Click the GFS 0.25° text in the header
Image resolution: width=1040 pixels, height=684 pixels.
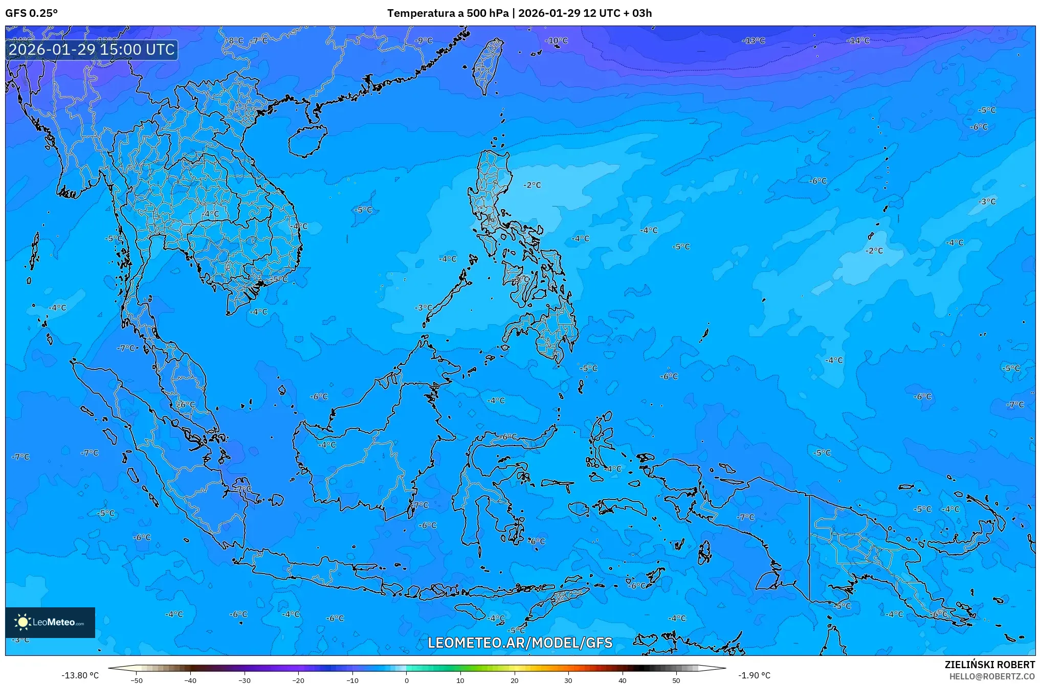point(31,13)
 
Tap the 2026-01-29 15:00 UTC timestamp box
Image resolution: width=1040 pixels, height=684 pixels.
point(92,50)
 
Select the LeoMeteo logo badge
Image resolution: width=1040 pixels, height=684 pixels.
point(50,622)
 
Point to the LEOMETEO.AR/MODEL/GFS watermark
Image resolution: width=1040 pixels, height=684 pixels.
point(520,643)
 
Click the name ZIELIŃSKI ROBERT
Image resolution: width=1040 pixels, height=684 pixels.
point(989,665)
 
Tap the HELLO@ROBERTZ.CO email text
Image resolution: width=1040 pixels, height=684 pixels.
point(992,676)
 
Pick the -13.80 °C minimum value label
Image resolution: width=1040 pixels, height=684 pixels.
point(80,676)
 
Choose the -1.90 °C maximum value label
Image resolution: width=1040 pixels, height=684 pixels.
point(754,676)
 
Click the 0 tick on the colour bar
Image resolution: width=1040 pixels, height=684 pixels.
point(407,680)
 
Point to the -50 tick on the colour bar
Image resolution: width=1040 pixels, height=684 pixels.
point(137,680)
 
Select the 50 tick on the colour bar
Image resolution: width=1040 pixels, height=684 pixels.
point(676,680)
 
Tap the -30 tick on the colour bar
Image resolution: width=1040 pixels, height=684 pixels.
point(245,680)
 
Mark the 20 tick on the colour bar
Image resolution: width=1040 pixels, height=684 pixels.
point(515,680)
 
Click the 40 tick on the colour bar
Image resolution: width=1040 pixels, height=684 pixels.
point(623,680)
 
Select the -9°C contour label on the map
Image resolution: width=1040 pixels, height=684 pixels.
point(424,40)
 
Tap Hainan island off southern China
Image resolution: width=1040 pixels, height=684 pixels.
point(307,141)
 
